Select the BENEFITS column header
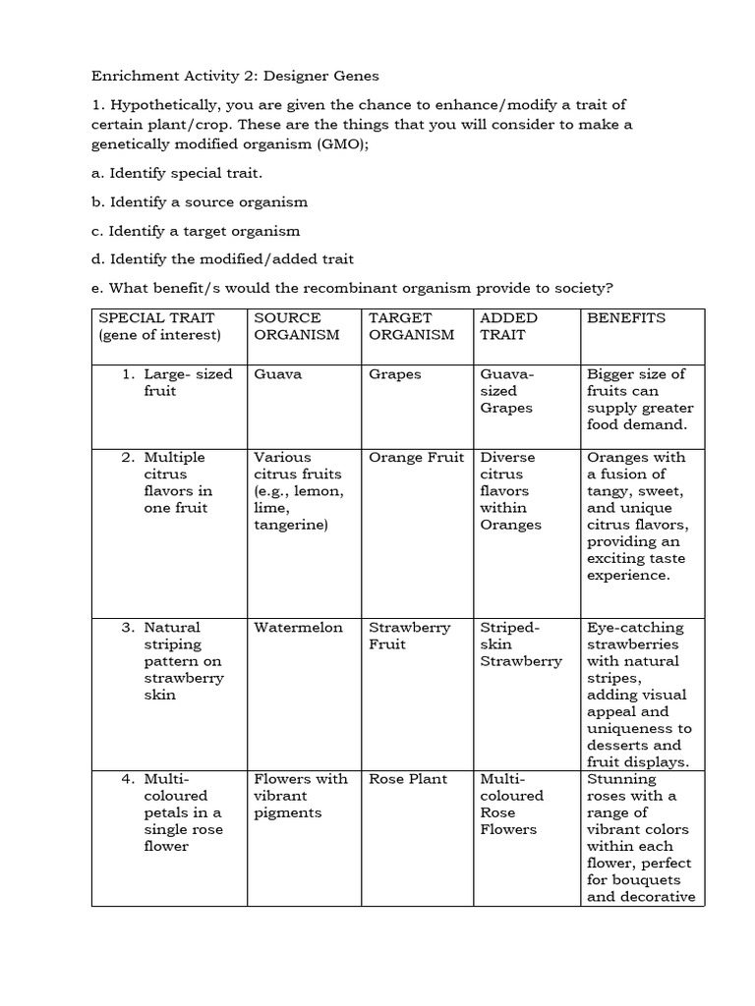[x=625, y=318]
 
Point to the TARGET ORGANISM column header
[x=411, y=326]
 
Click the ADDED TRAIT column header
[x=508, y=326]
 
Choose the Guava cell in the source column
[x=278, y=374]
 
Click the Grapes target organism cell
[x=394, y=374]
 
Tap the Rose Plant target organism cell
[x=408, y=779]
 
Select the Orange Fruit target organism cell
[x=416, y=458]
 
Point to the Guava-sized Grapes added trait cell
[x=506, y=391]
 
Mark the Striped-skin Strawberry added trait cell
[x=521, y=644]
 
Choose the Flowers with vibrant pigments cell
[x=301, y=796]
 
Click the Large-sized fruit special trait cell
[x=174, y=382]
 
